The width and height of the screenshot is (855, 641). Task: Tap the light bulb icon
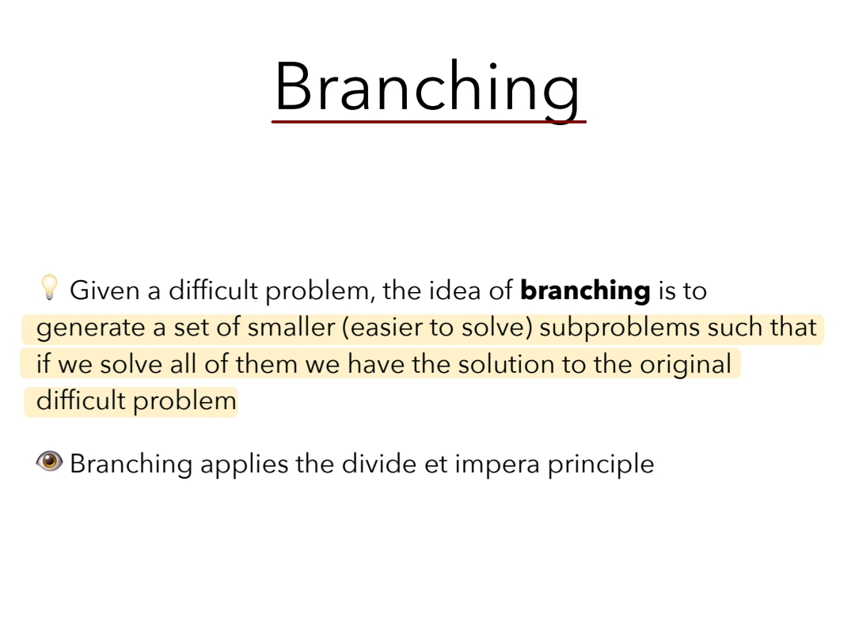click(49, 287)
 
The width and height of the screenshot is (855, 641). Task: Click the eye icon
click(50, 461)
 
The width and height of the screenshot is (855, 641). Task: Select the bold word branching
click(585, 290)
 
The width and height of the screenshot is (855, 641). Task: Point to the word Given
click(104, 290)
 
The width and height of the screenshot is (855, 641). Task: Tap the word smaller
click(291, 327)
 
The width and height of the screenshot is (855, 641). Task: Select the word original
click(686, 365)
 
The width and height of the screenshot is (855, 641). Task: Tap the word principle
click(601, 465)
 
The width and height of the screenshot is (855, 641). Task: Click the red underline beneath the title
click(429, 122)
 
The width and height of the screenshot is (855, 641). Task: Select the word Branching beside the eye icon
click(131, 465)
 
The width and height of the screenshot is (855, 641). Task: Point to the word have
click(376, 364)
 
